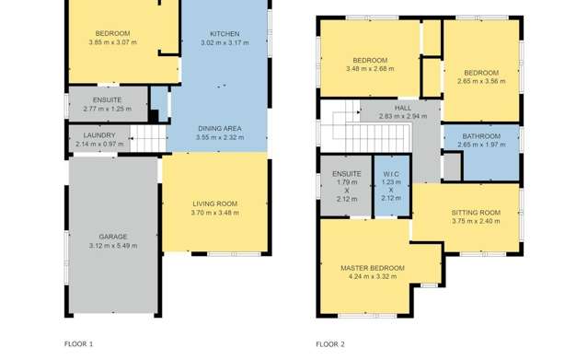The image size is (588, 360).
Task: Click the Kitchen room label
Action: click(x=225, y=33)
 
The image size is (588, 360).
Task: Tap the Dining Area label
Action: click(x=218, y=128)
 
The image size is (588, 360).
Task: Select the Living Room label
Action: click(x=215, y=203)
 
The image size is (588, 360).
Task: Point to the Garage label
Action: click(x=113, y=237)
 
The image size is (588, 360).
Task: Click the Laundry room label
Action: click(x=99, y=135)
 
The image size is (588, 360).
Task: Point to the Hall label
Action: click(x=403, y=108)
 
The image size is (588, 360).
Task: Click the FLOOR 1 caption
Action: click(x=78, y=343)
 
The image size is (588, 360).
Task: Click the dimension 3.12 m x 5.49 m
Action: click(x=113, y=246)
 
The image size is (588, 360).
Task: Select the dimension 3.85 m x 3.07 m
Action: click(x=112, y=42)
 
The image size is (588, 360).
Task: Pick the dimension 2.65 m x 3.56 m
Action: click(x=481, y=82)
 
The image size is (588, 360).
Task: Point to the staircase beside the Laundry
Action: click(x=148, y=139)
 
